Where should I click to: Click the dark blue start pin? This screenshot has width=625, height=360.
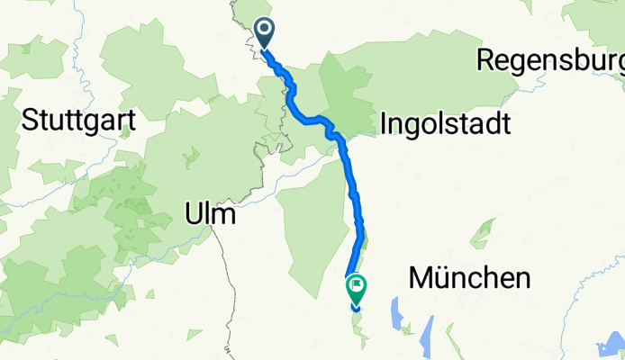[265, 33]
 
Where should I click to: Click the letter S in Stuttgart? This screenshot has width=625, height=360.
[28, 119]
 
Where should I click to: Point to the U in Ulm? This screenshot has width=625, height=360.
[191, 214]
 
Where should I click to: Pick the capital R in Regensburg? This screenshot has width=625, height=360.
[485, 60]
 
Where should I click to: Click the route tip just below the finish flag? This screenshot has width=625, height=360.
[356, 309]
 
